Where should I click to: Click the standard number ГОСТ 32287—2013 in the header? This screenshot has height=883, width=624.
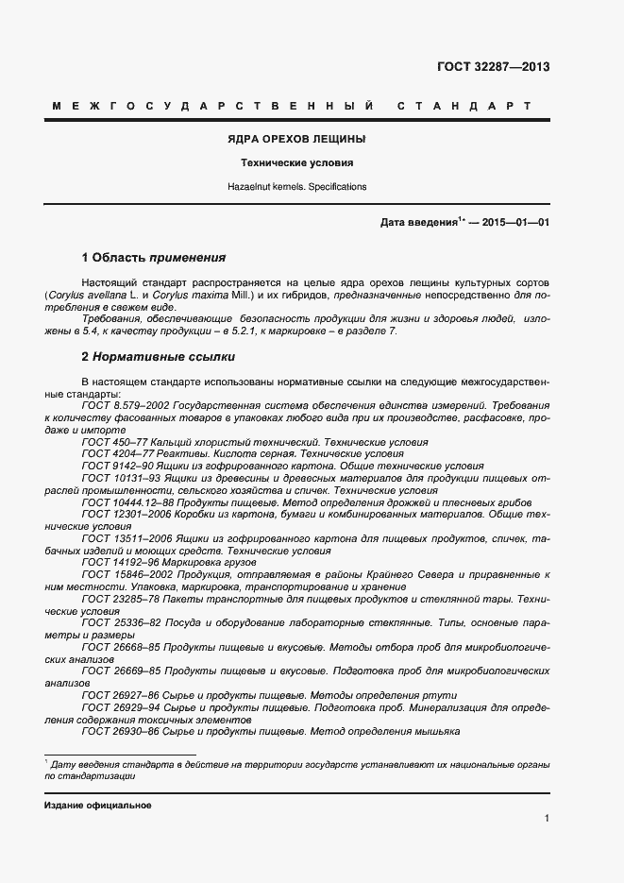tap(493, 67)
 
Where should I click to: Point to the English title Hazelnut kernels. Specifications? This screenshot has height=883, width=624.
tap(296, 187)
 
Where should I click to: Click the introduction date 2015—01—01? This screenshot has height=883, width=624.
tap(514, 223)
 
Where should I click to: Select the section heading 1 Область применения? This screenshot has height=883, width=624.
tap(154, 257)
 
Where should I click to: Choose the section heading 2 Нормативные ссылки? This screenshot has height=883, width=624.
tap(159, 357)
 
